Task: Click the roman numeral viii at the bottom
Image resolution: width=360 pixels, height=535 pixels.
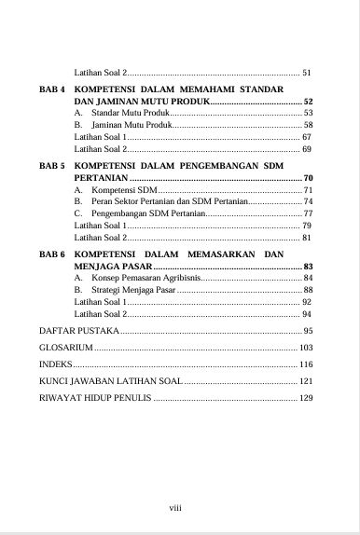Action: (x=174, y=508)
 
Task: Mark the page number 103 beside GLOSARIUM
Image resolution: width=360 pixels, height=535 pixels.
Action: (x=304, y=348)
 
